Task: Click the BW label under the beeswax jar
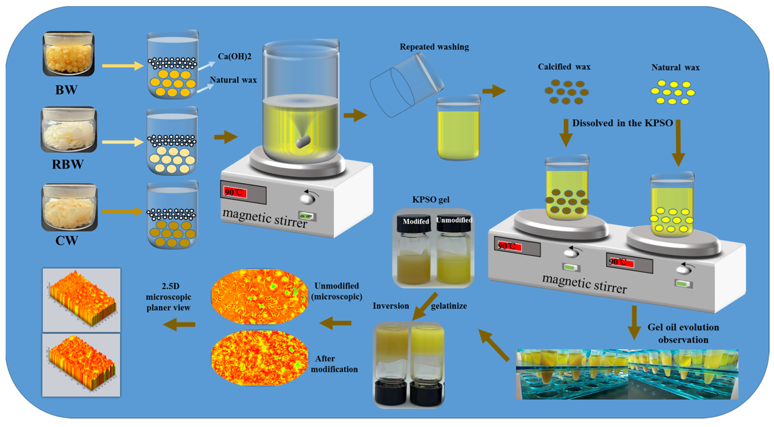click(66, 90)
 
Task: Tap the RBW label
click(68, 164)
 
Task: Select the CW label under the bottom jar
click(67, 240)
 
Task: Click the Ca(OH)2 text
click(234, 56)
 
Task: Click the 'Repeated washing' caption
click(434, 47)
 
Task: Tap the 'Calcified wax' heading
click(564, 67)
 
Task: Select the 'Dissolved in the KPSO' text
click(622, 123)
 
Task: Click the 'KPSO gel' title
click(430, 200)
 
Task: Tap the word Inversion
click(391, 306)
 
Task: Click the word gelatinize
click(449, 306)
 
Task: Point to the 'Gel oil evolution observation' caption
click(683, 333)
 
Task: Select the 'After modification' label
click(334, 364)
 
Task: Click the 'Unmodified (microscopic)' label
click(336, 291)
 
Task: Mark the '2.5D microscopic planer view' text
click(169, 297)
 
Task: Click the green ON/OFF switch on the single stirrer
click(307, 216)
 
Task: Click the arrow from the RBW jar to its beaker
click(123, 142)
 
